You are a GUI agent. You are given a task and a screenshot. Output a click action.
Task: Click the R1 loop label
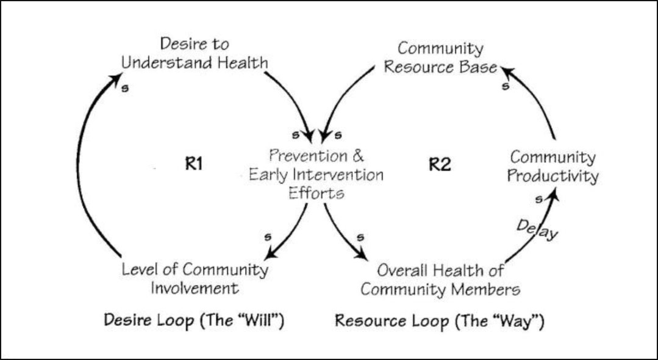point(193,165)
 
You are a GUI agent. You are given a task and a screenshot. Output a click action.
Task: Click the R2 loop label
point(439,165)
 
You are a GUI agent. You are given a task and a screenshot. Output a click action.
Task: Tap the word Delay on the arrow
point(537,229)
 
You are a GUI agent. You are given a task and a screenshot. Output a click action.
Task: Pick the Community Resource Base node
point(440,57)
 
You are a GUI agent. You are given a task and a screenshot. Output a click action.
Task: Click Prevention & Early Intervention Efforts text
point(316,175)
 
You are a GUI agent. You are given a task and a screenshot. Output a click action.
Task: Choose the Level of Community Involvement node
point(195,278)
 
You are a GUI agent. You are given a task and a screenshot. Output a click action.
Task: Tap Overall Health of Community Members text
point(440,279)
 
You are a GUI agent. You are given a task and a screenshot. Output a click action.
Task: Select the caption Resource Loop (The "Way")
point(439,320)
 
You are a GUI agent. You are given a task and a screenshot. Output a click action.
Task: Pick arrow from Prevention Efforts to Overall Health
point(342,232)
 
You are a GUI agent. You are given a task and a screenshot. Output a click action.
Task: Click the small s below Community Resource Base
point(506,86)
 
